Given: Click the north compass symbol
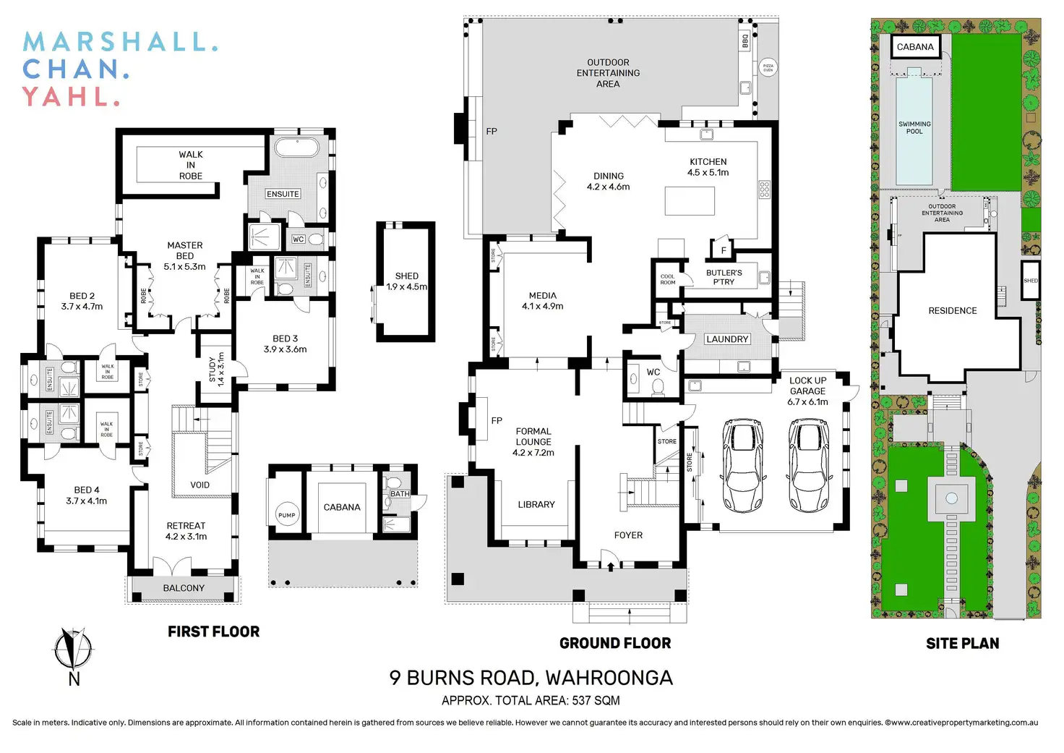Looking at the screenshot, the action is pos(73,649).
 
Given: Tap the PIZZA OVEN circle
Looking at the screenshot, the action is pos(768,68).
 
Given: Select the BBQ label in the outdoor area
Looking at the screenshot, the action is pos(745,41).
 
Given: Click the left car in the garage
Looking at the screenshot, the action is pos(742,465).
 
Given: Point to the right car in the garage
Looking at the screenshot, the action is pos(807,465).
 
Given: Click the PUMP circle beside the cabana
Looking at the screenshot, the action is pos(287,515).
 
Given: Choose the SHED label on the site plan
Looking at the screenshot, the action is pos(1031,281).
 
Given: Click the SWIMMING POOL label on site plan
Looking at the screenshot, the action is pos(914,128).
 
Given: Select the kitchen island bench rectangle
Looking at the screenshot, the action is pos(690,201).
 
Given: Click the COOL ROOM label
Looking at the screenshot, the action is pos(668,279).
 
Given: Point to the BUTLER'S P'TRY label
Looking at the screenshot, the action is pos(724,277).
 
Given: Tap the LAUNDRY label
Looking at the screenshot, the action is pos(727,339).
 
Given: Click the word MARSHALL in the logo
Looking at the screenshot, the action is pos(119,42).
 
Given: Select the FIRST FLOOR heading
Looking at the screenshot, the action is pos(213,631).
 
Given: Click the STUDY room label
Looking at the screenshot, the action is pos(216,368).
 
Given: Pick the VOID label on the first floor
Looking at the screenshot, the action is pos(200,485).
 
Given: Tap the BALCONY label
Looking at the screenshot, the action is pos(184,588).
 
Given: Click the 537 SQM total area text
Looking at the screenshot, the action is pos(596,700).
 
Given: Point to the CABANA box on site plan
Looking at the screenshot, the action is pos(915,47).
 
